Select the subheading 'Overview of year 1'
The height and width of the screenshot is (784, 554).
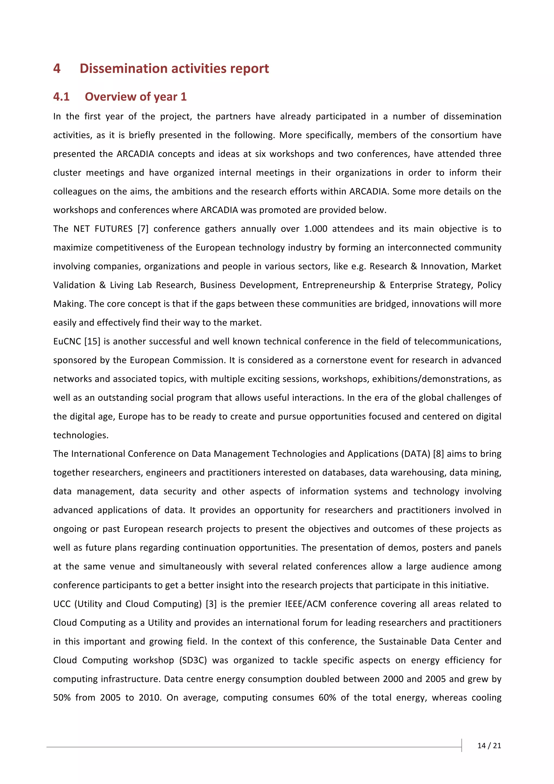pos(136,97)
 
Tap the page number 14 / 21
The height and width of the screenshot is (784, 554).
pos(489,745)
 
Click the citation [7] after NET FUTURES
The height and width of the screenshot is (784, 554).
pos(143,229)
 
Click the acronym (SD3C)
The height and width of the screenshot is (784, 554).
pos(193,660)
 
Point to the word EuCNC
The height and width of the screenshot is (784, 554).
pos(67,341)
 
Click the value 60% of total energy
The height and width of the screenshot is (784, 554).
pos(327,698)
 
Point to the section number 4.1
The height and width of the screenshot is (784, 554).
pos(61,97)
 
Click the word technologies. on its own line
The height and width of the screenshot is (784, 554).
pos(81,435)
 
